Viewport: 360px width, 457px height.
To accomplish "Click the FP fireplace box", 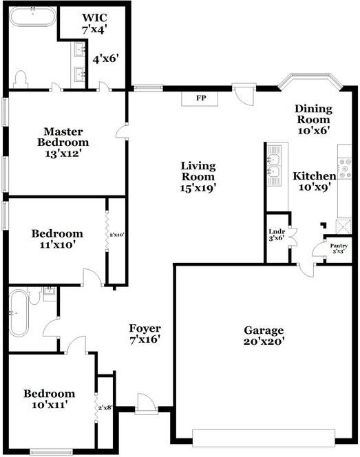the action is (200, 99).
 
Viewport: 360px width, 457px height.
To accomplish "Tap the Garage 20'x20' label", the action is (264, 336).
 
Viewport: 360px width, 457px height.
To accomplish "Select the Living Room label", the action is (198, 177).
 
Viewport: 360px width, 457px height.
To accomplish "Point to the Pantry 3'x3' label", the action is (339, 248).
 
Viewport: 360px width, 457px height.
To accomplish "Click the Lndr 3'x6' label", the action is (277, 235).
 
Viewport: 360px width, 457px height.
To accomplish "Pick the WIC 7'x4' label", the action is (94, 23).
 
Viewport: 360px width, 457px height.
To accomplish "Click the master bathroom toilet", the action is (21, 79).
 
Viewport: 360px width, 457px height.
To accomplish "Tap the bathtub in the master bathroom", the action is (32, 17).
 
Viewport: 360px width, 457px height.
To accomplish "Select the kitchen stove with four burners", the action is (345, 168).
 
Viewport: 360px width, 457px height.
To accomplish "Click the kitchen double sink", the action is (274, 165).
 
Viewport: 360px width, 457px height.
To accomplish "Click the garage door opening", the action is (264, 438).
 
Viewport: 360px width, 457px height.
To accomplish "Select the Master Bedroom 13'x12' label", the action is (63, 142).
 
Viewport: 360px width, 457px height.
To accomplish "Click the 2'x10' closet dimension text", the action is (117, 234).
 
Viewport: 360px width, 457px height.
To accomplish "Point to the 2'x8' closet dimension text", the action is (105, 407).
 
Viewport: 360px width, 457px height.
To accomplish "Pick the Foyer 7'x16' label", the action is (145, 334).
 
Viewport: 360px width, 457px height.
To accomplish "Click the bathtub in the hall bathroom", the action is (19, 312).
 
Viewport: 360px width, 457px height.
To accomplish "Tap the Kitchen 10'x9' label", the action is (315, 181).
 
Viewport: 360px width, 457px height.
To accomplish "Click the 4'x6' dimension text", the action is (105, 59).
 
